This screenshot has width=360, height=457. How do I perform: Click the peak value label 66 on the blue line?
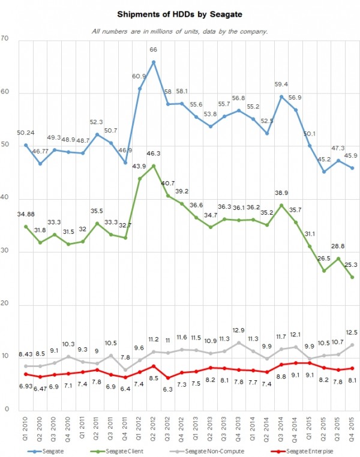coord(154,50)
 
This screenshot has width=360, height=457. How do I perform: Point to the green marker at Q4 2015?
coord(352,277)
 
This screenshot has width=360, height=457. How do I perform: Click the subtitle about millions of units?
coord(180,31)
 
